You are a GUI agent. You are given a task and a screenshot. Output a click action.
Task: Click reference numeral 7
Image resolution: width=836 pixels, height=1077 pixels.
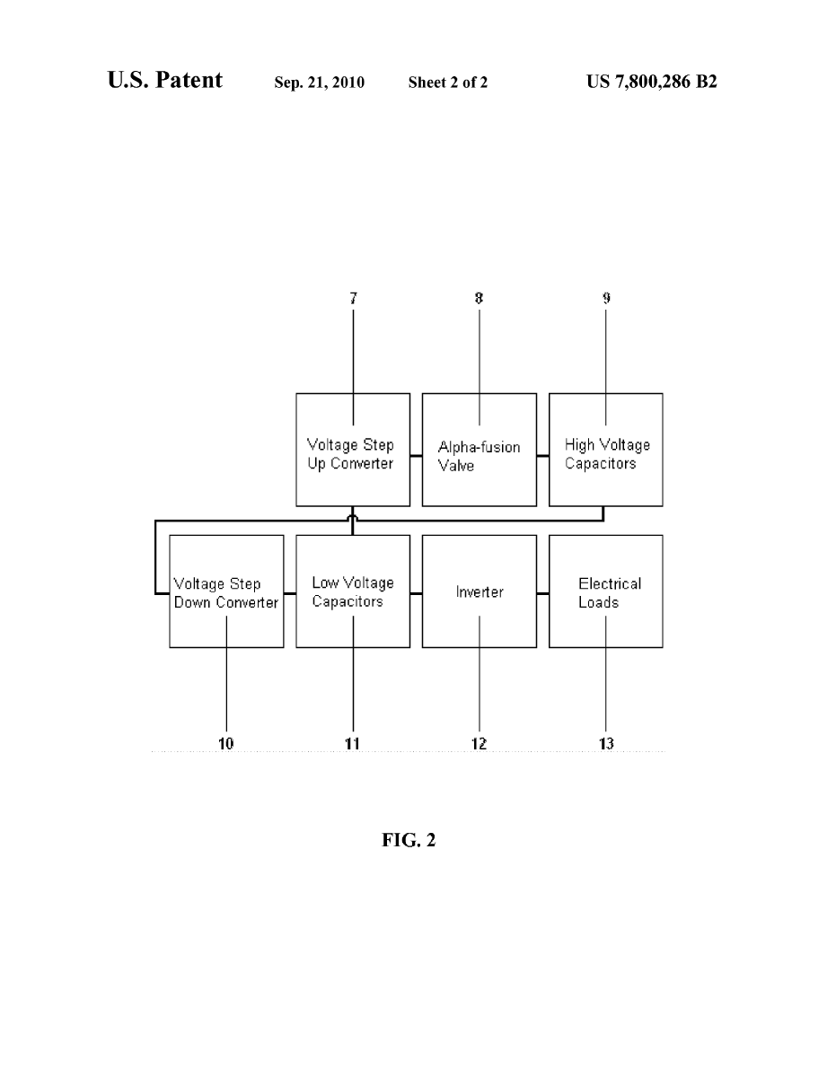[353, 298]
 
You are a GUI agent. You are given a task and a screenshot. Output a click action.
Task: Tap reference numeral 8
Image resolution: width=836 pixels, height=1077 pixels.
[480, 298]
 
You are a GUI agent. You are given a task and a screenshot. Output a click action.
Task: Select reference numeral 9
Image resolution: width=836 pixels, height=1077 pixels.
[606, 298]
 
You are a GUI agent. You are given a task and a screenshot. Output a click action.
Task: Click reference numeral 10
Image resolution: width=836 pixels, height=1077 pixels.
[225, 743]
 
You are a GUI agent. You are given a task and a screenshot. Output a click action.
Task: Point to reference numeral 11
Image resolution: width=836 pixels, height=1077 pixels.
[352, 743]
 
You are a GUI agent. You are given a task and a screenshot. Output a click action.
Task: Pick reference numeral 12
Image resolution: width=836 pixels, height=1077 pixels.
[480, 743]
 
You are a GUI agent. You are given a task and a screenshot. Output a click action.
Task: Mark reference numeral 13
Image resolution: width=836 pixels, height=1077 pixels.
[606, 743]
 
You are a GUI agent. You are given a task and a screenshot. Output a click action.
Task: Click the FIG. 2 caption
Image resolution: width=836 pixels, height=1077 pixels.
[408, 841]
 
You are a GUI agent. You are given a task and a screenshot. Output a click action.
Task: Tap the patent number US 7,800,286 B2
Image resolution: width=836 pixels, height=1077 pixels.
[652, 83]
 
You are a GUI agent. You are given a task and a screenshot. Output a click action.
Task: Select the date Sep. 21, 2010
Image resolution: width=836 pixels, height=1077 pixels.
[319, 83]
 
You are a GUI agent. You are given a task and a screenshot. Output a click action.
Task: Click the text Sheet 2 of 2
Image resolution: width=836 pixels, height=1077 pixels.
[448, 83]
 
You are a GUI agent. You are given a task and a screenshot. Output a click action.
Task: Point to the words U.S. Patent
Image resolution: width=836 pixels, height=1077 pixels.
[165, 81]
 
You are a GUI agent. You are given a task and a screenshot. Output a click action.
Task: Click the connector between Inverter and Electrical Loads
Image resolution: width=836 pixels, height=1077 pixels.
[543, 592]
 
